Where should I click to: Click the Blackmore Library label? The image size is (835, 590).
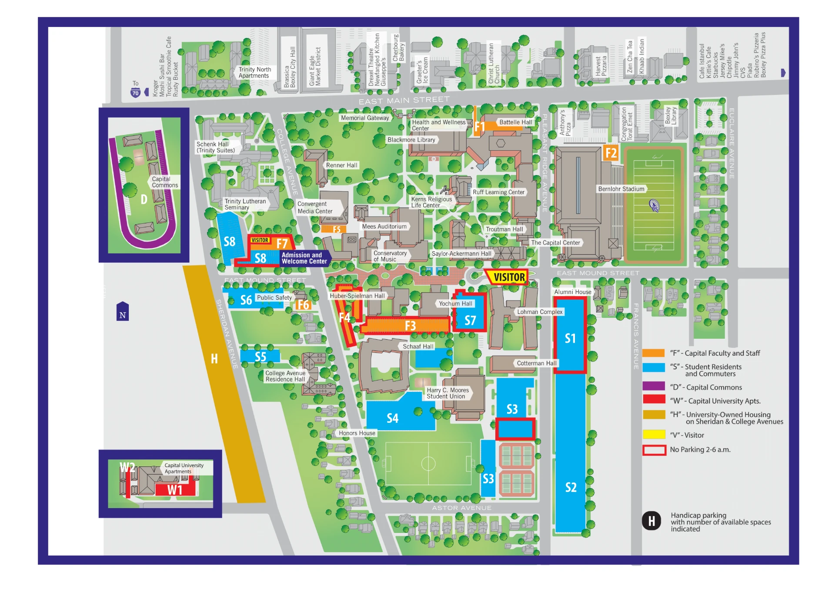(x=411, y=140)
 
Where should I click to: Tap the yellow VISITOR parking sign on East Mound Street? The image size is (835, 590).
(x=509, y=277)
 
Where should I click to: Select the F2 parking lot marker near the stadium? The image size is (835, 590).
(x=611, y=153)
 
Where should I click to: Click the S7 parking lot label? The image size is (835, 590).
(x=470, y=321)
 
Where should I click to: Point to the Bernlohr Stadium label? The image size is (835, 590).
(x=621, y=189)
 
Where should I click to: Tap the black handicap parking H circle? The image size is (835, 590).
(x=651, y=521)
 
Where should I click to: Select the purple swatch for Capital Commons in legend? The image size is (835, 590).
(x=654, y=387)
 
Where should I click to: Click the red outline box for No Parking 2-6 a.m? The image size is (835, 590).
(x=654, y=450)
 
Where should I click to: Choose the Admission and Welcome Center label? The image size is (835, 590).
(x=304, y=258)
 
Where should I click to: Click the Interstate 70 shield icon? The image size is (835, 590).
(x=136, y=93)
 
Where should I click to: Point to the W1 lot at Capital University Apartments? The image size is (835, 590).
(x=175, y=490)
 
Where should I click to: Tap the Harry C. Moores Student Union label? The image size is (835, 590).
(x=448, y=393)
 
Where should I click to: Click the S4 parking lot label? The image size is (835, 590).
(x=392, y=418)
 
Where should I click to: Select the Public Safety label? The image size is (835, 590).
(x=274, y=298)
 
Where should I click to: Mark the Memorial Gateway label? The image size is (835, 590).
(x=365, y=118)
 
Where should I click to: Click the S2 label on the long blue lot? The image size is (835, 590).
(x=571, y=487)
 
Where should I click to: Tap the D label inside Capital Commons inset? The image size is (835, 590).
(x=144, y=199)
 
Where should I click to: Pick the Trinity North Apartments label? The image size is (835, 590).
(x=254, y=72)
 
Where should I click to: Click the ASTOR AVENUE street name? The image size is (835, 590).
(x=461, y=508)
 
